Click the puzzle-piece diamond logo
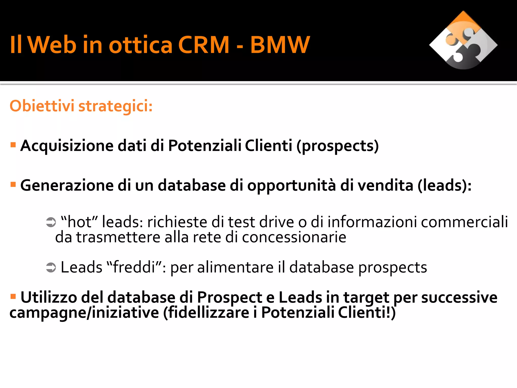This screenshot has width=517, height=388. pyautogui.click(x=463, y=40)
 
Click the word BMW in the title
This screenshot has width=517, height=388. pyautogui.click(x=280, y=45)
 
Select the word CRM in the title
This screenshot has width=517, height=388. pyautogui.click(x=203, y=45)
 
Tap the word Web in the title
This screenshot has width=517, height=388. pyautogui.click(x=52, y=45)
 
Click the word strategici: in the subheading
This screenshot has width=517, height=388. pyautogui.click(x=115, y=106)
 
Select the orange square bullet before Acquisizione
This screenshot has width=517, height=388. pyautogui.click(x=13, y=145)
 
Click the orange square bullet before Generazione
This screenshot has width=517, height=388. pyautogui.click(x=13, y=184)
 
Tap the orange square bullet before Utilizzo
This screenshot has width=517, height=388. pyautogui.click(x=13, y=296)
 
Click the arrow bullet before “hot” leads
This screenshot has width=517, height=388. pyautogui.click(x=51, y=222)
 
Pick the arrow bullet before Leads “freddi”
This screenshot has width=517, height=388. pyautogui.click(x=51, y=268)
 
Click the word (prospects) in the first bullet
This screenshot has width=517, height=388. pyautogui.click(x=338, y=146)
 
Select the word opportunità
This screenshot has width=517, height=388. pyautogui.click(x=292, y=186)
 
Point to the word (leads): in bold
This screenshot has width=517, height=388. pyautogui.click(x=444, y=186)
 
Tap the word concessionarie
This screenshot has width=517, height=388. pyautogui.click(x=294, y=237)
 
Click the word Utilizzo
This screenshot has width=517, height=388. pyautogui.click(x=48, y=297)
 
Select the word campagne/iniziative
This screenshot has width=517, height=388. pyautogui.click(x=84, y=313)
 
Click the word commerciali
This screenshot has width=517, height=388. pyautogui.click(x=464, y=222)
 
